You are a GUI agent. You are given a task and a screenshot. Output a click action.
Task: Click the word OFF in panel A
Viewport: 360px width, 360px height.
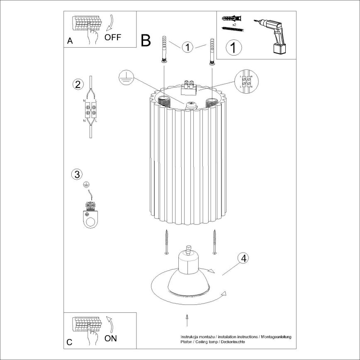(112, 38)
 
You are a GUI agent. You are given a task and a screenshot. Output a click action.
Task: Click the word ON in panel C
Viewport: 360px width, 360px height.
(110, 338)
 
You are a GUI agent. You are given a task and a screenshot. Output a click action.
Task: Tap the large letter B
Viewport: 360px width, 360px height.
(146, 40)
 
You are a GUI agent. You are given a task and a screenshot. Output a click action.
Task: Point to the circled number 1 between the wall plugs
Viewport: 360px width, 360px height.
(188, 48)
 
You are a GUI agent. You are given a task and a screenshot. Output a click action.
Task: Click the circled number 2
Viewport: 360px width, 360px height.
(77, 84)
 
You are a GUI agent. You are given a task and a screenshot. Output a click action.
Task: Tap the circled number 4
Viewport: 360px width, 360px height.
(243, 258)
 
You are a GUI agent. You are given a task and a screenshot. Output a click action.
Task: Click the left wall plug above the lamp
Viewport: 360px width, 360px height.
(164, 50)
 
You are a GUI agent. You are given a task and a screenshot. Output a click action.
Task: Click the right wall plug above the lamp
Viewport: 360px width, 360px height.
(212, 52)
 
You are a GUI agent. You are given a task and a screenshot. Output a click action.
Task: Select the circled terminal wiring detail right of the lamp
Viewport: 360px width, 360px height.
(246, 81)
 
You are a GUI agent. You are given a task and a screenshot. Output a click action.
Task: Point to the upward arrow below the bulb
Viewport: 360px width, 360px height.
(187, 321)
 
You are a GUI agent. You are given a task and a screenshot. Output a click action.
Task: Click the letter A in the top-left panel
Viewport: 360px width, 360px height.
(70, 41)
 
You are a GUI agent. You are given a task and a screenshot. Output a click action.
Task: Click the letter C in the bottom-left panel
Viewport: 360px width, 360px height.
(69, 342)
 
